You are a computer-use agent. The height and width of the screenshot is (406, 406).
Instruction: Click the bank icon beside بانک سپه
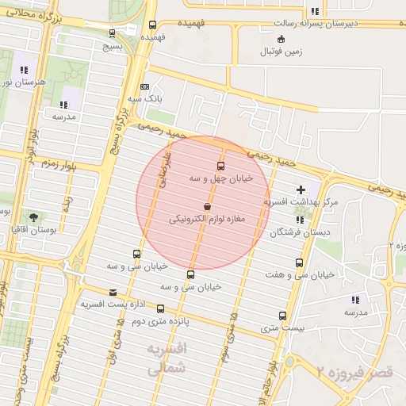click(x=144, y=87)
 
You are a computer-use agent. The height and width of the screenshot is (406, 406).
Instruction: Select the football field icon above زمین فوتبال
click(x=281, y=40)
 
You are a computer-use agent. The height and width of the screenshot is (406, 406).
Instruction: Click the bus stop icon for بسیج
click(x=113, y=33)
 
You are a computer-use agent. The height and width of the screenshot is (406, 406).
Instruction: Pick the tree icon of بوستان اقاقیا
click(x=33, y=216)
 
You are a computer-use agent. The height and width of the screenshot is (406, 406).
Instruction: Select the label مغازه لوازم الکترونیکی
click(x=209, y=217)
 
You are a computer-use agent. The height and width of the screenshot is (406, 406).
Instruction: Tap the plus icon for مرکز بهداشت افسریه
click(x=300, y=190)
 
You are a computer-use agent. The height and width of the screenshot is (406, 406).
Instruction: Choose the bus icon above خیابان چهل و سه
click(x=220, y=166)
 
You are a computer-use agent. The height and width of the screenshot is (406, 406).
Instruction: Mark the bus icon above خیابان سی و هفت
click(x=299, y=262)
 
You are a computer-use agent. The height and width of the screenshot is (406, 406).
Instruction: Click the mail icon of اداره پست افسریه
click(x=112, y=293)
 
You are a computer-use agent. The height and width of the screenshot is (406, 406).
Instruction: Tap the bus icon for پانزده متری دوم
click(x=161, y=308)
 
